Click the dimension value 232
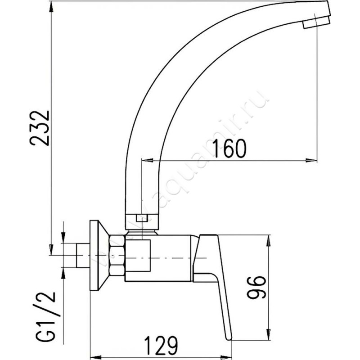click(x=39, y=128)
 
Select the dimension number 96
click(x=256, y=288)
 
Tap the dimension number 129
click(x=161, y=346)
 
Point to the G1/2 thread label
click(x=45, y=317)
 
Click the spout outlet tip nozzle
click(x=317, y=23)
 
